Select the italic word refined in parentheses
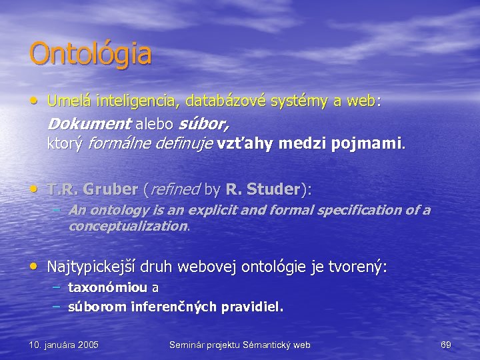(x=174, y=190)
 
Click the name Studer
(x=274, y=190)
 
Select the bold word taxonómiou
(x=109, y=288)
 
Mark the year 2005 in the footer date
(x=86, y=345)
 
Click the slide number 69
(x=446, y=345)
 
